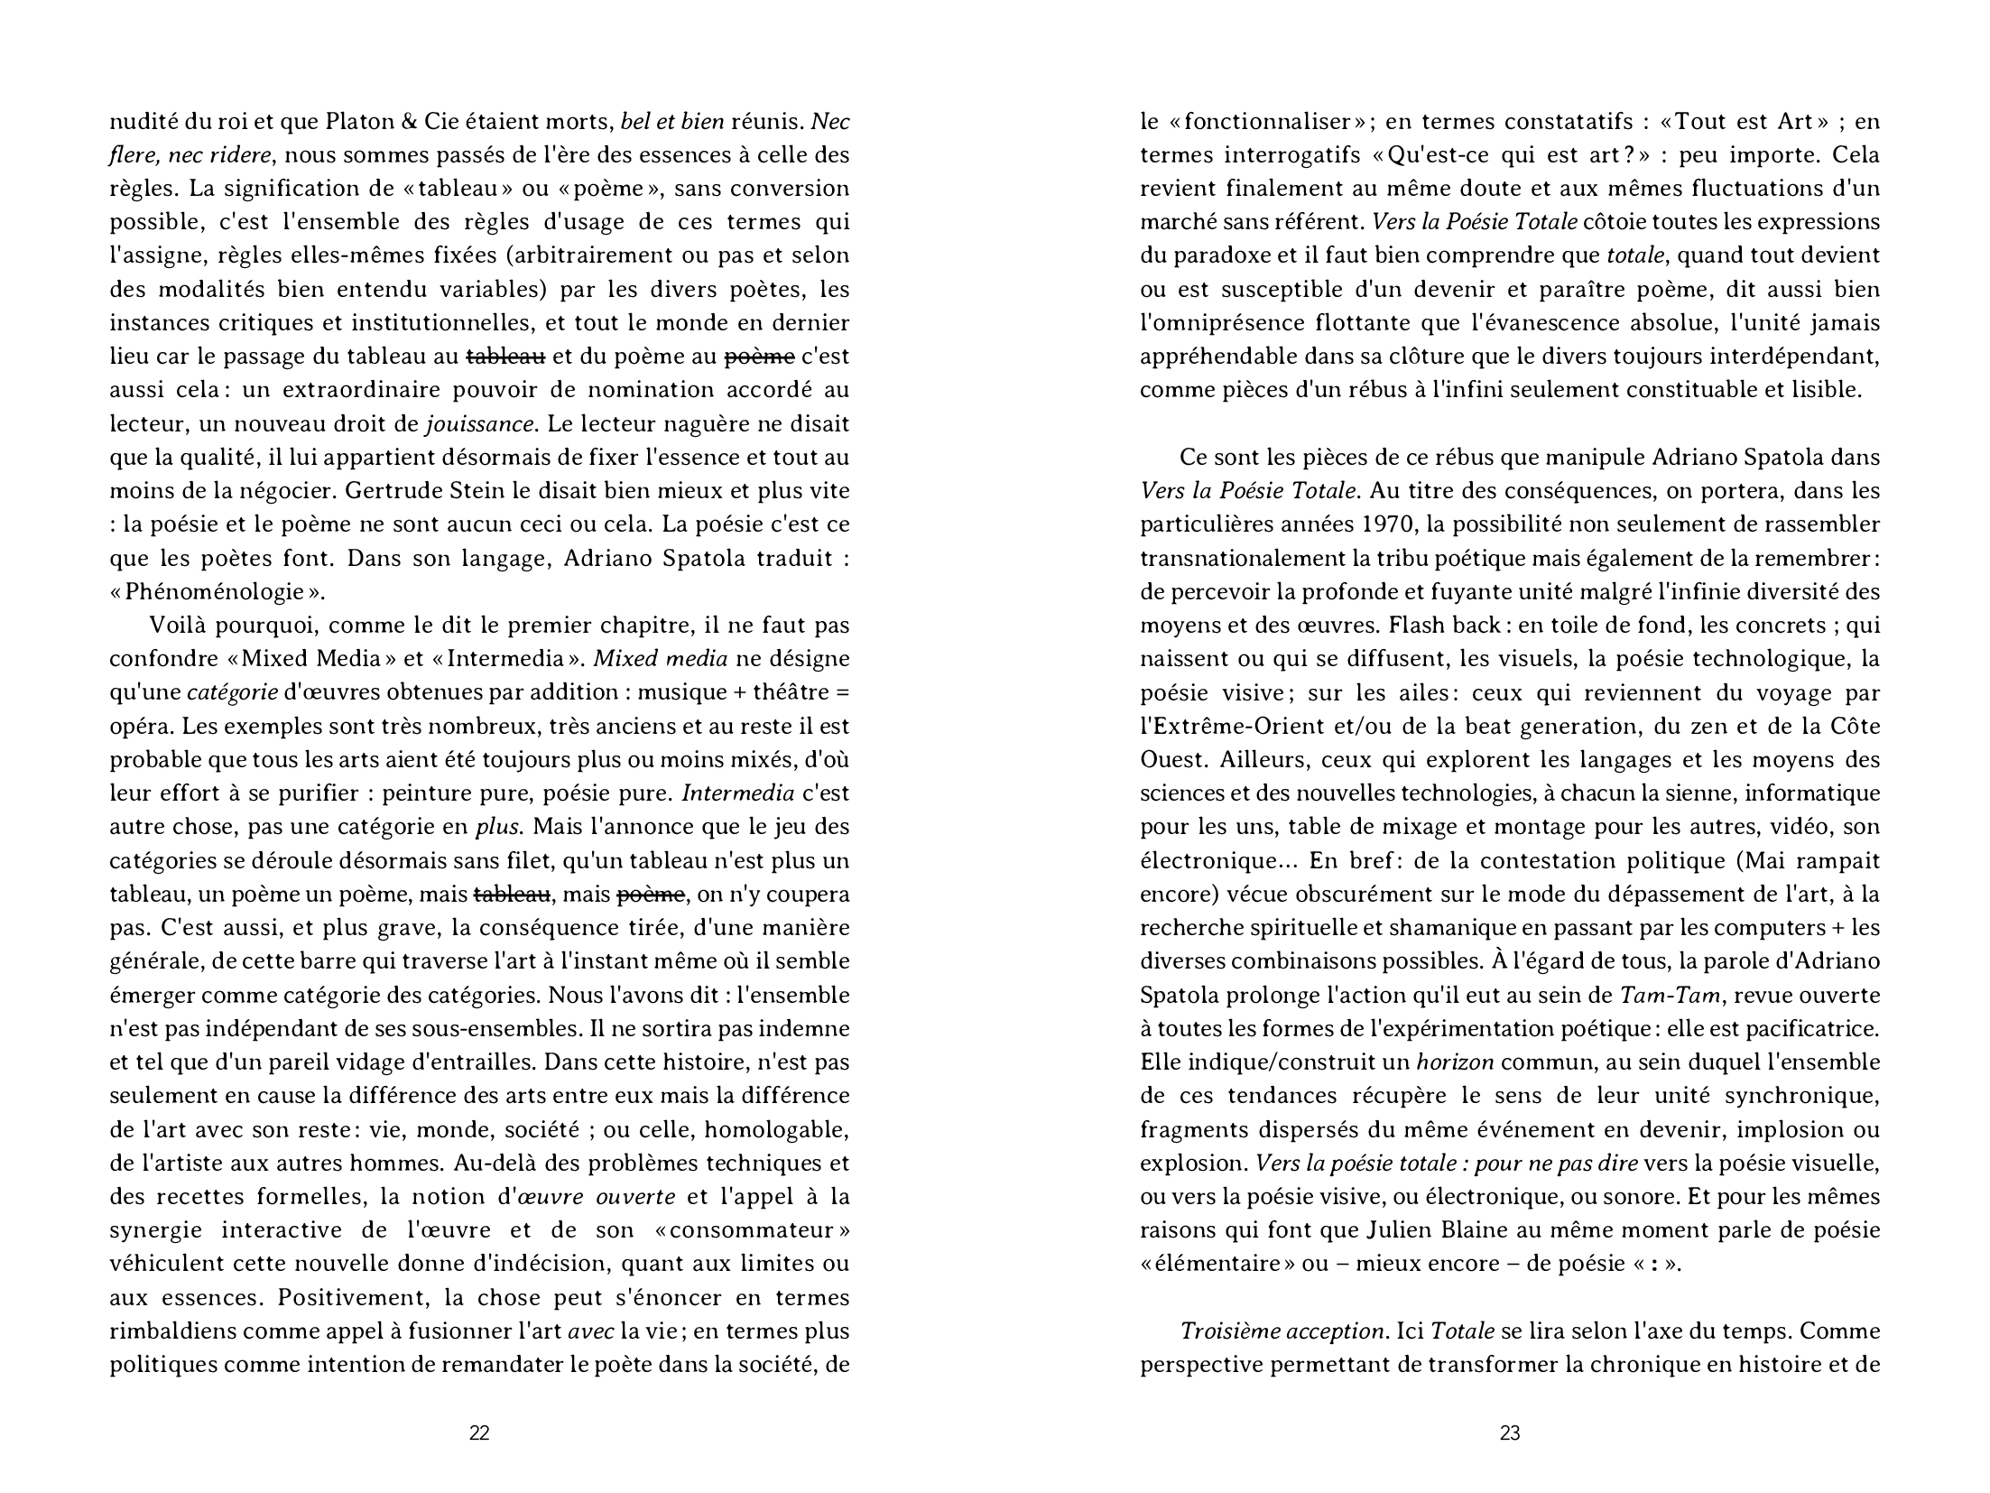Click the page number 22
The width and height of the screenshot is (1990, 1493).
pyautogui.click(x=479, y=1433)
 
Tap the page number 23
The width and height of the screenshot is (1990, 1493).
pyautogui.click(x=1510, y=1433)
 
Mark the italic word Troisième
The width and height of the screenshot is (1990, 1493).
pyautogui.click(x=1231, y=1331)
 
